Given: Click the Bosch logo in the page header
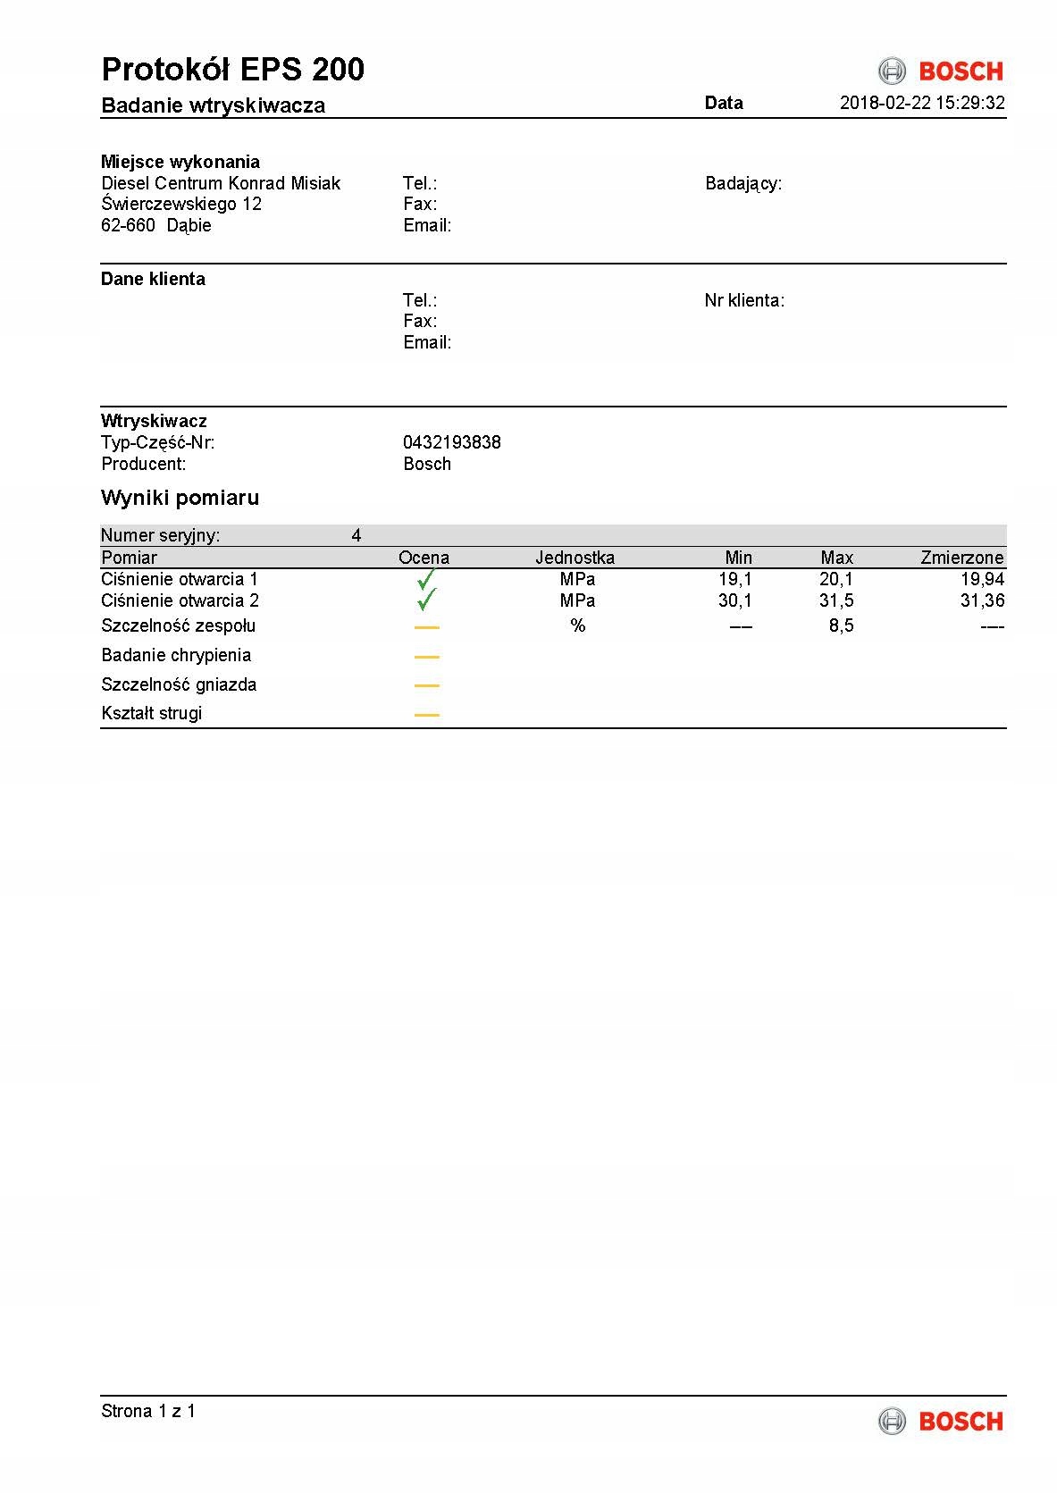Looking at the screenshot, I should (941, 71).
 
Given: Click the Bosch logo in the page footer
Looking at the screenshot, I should (941, 1421).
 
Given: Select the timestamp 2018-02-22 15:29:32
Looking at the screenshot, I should (922, 103).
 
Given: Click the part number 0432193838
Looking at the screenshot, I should (451, 442).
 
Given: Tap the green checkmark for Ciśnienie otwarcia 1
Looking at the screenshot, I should (426, 579).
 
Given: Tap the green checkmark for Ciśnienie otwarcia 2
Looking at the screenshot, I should (427, 600).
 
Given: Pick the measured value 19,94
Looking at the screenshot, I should (982, 579).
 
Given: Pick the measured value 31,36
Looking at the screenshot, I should (982, 600).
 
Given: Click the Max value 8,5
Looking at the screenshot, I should (841, 625).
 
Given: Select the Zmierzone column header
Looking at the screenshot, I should (961, 558).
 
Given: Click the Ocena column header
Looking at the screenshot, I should (424, 558).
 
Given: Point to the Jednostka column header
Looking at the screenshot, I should (575, 558).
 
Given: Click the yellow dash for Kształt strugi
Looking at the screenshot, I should (427, 715).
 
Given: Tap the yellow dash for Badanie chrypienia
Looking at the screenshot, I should (427, 657).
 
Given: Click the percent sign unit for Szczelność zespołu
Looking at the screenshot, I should (578, 625).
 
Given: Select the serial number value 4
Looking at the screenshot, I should (357, 535).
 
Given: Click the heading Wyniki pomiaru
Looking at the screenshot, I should (180, 498).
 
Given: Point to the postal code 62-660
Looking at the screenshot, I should (128, 225).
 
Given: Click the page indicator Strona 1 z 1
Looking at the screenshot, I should (148, 1411).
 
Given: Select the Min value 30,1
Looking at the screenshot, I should (734, 600).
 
